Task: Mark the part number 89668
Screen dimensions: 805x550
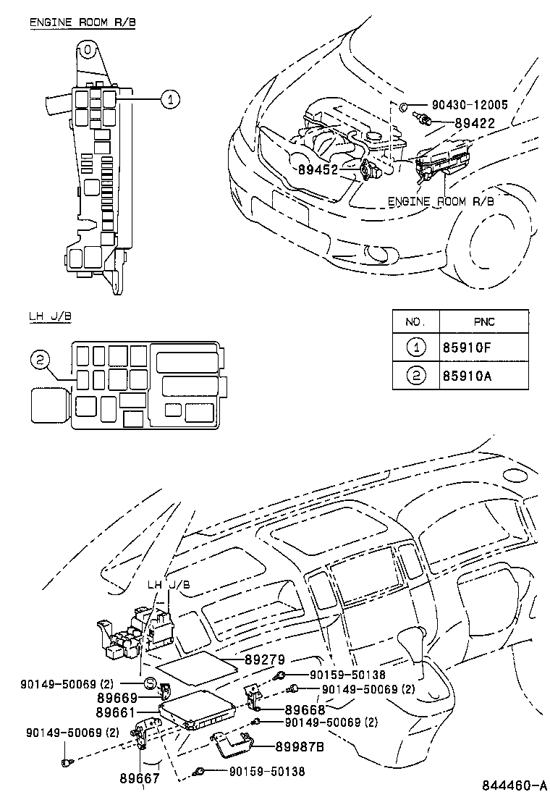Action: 305,710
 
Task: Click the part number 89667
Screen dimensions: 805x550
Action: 139,779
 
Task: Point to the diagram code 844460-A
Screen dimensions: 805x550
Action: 515,786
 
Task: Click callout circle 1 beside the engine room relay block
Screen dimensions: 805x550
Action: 169,100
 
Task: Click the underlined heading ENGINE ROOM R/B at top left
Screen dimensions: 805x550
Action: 82,22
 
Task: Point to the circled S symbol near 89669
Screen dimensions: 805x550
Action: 150,682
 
